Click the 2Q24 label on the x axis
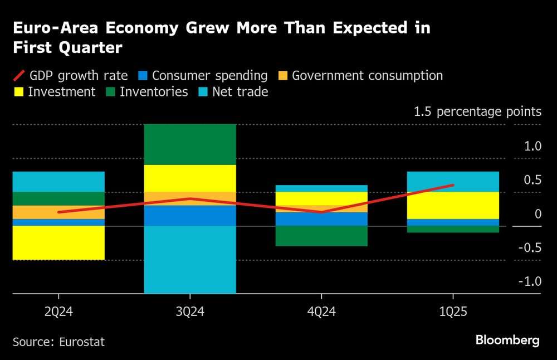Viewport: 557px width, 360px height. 58,312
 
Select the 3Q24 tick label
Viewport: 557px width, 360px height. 190,312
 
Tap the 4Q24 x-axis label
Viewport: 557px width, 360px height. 322,312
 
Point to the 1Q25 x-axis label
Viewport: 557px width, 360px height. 453,312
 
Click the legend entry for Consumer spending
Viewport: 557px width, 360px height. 203,76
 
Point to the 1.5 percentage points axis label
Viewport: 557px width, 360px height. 477,111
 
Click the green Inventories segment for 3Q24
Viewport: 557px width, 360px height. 190,144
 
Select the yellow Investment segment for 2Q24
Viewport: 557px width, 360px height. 58,242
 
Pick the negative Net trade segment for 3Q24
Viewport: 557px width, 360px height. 190,259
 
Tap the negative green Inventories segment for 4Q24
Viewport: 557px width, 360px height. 322,236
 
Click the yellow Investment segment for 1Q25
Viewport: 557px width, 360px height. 453,205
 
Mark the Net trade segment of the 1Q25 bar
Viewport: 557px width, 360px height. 453,182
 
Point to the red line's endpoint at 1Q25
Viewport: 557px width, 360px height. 453,185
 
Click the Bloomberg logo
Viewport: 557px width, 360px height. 507,340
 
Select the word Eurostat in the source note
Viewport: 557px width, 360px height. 82,342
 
